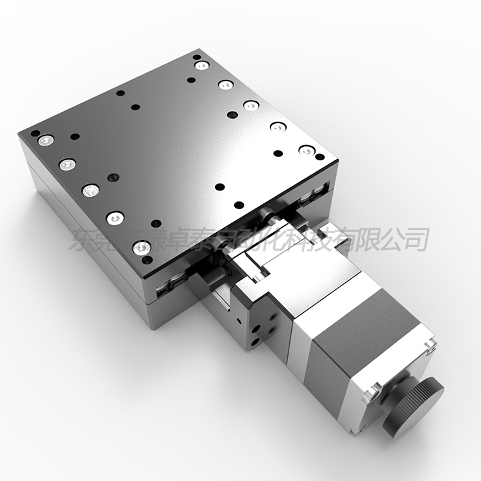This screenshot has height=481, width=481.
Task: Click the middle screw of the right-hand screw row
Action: [x=251, y=105]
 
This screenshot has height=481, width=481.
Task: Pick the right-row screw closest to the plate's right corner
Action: [x=307, y=151]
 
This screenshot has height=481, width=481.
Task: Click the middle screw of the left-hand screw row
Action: [x=90, y=190]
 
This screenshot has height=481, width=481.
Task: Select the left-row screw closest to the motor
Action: [x=141, y=246]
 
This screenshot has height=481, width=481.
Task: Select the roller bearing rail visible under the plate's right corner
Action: [x=319, y=193]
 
